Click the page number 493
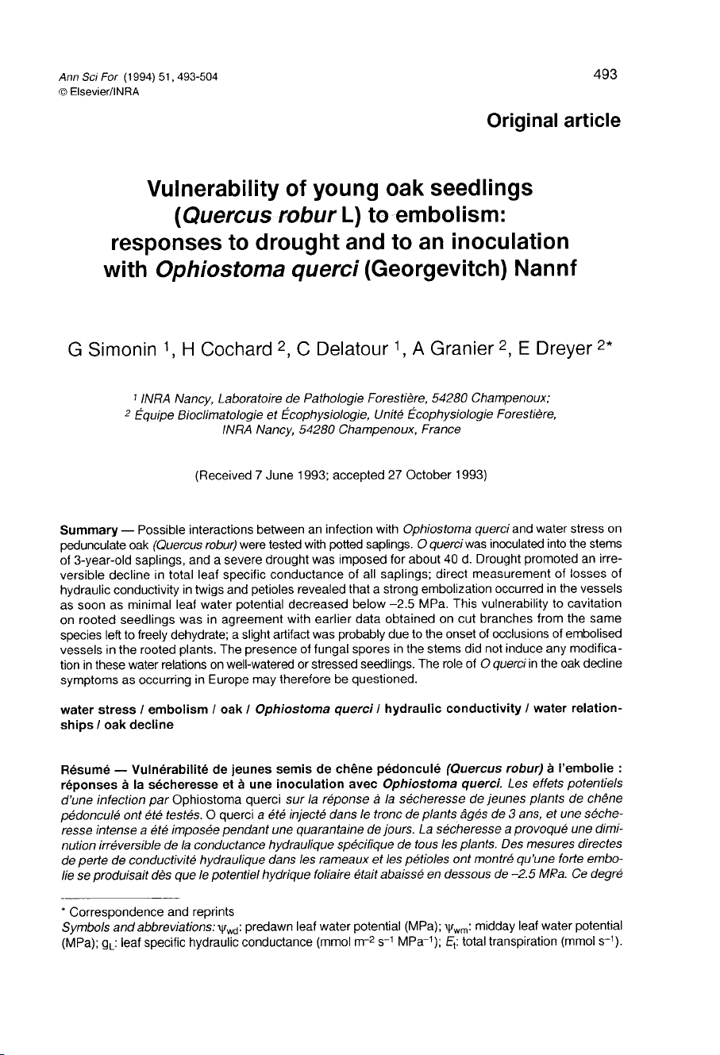(604, 75)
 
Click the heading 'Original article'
(553, 121)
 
